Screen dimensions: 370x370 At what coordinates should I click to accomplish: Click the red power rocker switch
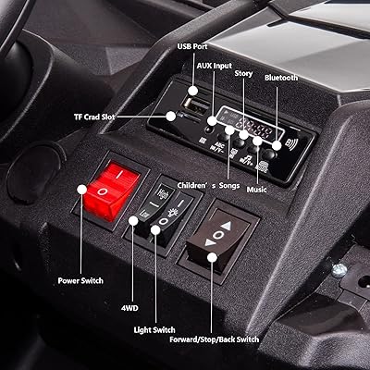(112, 191)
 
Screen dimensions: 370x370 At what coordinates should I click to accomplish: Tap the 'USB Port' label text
(192, 46)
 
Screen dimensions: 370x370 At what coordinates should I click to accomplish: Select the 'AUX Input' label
(215, 66)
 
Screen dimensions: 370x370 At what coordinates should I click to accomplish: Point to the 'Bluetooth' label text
(281, 78)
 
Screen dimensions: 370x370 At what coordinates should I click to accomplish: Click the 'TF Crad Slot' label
(94, 117)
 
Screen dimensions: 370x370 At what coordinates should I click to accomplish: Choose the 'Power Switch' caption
(80, 281)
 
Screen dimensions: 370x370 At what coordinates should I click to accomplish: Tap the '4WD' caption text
(129, 308)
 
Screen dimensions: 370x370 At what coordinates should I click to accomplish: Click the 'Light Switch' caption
(154, 330)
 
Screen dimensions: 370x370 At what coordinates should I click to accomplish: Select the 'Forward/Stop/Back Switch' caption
(215, 339)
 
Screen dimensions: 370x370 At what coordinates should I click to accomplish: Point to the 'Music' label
(256, 190)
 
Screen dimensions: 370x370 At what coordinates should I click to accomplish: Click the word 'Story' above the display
(243, 73)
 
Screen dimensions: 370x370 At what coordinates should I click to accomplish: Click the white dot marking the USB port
(193, 91)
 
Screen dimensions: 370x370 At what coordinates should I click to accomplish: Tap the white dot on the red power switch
(82, 190)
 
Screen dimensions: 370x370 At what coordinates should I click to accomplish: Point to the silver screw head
(339, 270)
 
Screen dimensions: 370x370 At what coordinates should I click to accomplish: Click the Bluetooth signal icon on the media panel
(292, 144)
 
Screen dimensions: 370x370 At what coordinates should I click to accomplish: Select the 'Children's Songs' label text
(208, 185)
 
